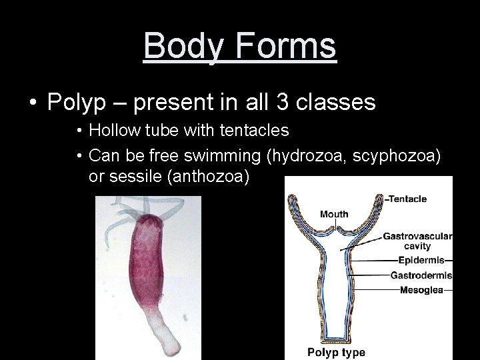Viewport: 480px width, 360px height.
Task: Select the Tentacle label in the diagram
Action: [x=407, y=199]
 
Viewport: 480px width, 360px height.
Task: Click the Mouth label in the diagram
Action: [x=334, y=214]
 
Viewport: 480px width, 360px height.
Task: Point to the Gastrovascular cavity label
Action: [x=417, y=241]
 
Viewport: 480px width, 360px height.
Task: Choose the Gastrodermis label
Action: [x=421, y=275]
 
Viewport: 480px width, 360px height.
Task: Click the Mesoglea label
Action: [x=421, y=290]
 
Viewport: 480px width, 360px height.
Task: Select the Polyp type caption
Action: [x=336, y=352]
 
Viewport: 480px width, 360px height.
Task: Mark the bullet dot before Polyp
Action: [x=33, y=103]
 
